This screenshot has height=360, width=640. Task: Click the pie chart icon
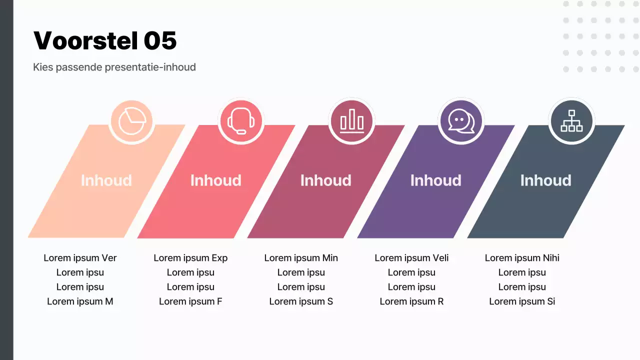(x=131, y=121)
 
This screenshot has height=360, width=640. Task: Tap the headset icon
(x=241, y=121)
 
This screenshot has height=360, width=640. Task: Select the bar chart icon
(x=351, y=121)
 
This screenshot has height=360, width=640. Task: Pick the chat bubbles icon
(x=461, y=121)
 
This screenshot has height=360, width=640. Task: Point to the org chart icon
(x=571, y=121)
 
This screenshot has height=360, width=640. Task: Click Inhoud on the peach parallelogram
(x=106, y=180)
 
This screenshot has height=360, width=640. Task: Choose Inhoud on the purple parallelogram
(x=435, y=180)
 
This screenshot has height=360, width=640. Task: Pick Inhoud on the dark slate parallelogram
(x=545, y=180)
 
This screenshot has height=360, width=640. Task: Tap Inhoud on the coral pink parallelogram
(x=215, y=180)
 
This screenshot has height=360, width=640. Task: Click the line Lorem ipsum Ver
(x=80, y=258)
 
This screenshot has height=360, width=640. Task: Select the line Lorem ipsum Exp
(x=190, y=258)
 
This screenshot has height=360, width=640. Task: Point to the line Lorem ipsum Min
(x=301, y=258)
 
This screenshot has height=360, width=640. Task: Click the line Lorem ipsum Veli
(x=411, y=258)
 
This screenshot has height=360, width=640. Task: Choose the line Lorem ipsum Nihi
(x=522, y=258)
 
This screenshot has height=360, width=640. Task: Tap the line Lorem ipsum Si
(x=522, y=301)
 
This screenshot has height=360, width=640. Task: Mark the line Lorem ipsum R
(x=411, y=301)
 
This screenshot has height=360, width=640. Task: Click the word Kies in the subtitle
(x=42, y=67)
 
